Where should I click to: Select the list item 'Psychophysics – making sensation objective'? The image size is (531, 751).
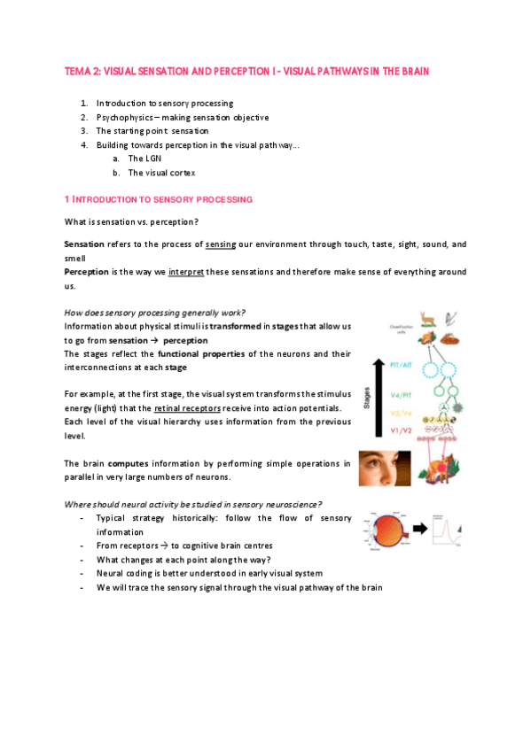(183, 117)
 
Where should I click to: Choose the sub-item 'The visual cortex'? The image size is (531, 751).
(161, 173)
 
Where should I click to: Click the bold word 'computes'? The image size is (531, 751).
(129, 463)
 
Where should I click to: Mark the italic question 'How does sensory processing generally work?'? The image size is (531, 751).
(154, 312)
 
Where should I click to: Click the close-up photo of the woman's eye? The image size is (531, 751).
(384, 468)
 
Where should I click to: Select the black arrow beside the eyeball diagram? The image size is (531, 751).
(421, 531)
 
